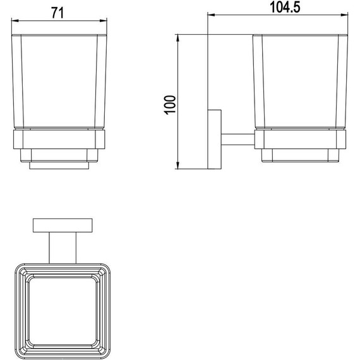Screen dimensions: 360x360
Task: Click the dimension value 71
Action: pyautogui.click(x=57, y=13)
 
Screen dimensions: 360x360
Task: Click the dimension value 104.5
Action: pyautogui.click(x=285, y=8)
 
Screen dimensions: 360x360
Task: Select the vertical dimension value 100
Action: pyautogui.click(x=170, y=105)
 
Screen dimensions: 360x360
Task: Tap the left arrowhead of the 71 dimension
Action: pyautogui.click(x=15, y=21)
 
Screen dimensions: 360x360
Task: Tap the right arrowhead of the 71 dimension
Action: pyautogui.click(x=104, y=21)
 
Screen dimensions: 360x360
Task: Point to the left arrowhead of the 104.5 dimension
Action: pyautogui.click(x=211, y=15)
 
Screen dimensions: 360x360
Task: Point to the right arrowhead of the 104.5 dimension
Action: pyautogui.click(x=344, y=15)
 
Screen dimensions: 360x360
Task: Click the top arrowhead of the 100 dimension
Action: pyautogui.click(x=177, y=38)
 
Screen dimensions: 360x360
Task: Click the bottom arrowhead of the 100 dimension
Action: pyautogui.click(x=177, y=165)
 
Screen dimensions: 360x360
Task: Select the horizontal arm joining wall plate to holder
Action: pyautogui.click(x=238, y=140)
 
